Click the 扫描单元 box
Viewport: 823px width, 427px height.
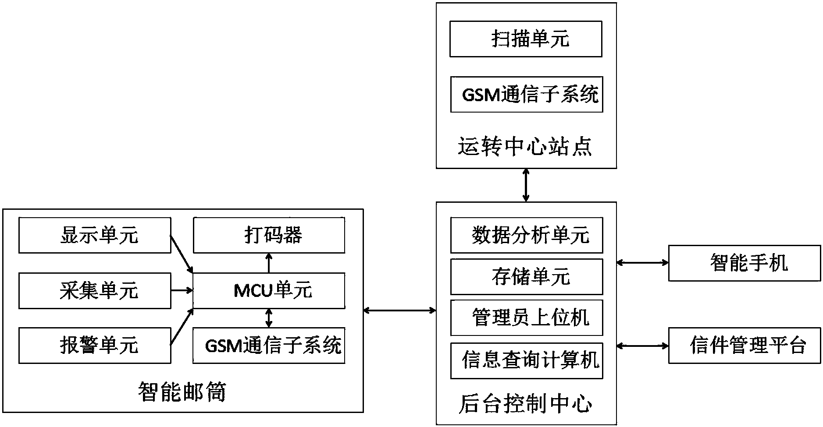click(525, 39)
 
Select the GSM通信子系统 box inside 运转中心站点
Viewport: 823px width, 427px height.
click(526, 95)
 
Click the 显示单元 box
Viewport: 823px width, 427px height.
click(94, 236)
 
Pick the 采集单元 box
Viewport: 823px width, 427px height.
click(94, 291)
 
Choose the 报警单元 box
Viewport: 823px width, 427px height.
click(94, 346)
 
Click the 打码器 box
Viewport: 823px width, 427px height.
click(269, 236)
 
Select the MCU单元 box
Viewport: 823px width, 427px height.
click(269, 291)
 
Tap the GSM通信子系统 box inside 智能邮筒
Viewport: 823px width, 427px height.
click(269, 346)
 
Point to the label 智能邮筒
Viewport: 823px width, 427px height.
click(182, 392)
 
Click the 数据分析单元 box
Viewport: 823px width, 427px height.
click(526, 236)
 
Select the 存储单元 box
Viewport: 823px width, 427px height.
click(526, 277)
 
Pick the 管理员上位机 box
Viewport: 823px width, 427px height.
click(526, 318)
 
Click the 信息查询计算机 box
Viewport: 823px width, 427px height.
click(526, 361)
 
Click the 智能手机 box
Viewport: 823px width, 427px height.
click(744, 263)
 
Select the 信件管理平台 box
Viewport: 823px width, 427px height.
click(744, 346)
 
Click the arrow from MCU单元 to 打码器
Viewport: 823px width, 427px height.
click(269, 263)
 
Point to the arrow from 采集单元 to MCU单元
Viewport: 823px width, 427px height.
click(182, 290)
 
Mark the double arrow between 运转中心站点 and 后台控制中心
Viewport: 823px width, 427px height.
click(526, 185)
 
